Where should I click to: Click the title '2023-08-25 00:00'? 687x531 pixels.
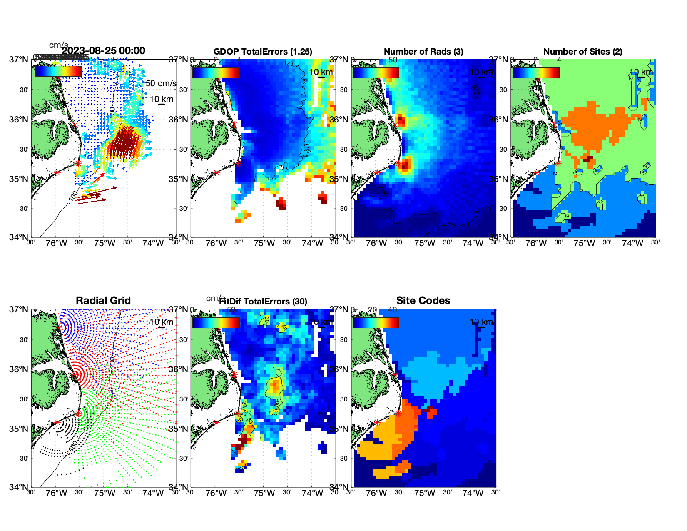[104, 51]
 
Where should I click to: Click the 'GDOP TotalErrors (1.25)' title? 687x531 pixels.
[263, 52]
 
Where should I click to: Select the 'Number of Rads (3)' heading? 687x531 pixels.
[423, 52]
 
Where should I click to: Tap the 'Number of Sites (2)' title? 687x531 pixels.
[582, 52]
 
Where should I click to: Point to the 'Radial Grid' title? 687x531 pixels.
[103, 301]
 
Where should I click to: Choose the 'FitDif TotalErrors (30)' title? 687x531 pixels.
[263, 302]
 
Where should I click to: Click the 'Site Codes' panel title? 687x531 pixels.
[423, 301]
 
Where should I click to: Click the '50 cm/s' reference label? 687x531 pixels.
[161, 83]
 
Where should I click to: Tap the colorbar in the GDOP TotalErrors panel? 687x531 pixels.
[216, 72]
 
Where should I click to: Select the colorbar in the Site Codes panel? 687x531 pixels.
[376, 323]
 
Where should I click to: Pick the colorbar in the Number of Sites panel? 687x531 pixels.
[535, 72]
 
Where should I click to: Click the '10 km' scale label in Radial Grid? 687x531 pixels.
[161, 322]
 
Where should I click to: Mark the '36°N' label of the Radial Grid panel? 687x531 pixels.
[19, 369]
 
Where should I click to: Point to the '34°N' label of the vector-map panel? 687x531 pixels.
[19, 237]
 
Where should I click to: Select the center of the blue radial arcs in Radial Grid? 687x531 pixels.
[59, 327]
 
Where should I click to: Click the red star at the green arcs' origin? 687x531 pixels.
[78, 413]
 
